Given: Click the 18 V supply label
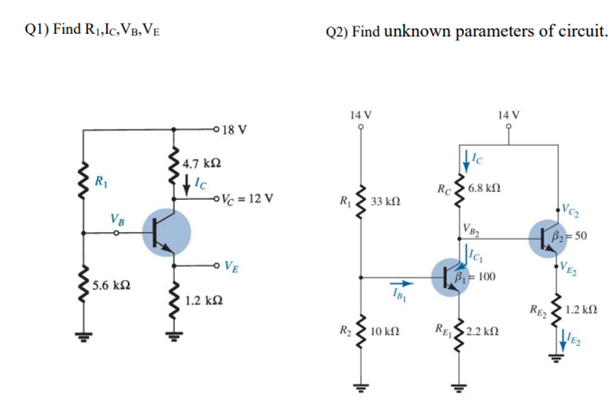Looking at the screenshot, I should click(236, 131).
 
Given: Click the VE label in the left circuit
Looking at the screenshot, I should click(232, 265).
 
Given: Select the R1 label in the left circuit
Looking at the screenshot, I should click(104, 178).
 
